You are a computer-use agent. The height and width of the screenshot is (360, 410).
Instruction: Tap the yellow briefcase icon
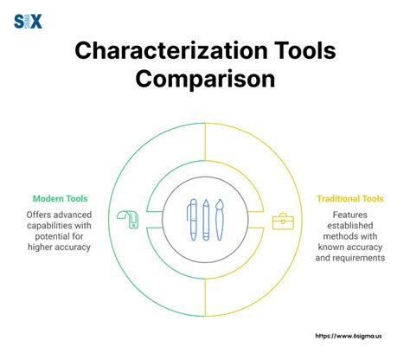click(x=283, y=221)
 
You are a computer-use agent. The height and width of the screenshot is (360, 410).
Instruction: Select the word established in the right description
click(x=351, y=225)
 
